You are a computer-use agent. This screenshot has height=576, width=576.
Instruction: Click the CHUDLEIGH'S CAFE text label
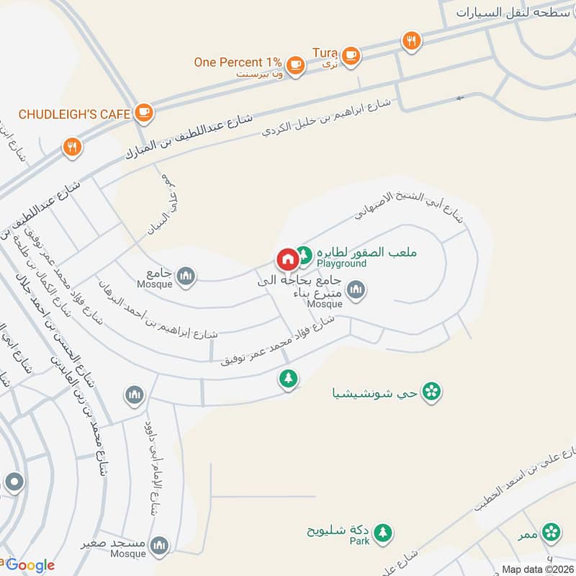click(74, 114)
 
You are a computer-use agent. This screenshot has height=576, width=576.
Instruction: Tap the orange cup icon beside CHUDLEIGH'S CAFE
click(143, 112)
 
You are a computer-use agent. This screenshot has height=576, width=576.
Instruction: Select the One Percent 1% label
click(238, 62)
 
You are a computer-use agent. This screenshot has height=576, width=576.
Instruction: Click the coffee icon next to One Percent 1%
click(294, 65)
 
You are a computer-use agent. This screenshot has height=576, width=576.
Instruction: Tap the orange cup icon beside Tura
click(351, 55)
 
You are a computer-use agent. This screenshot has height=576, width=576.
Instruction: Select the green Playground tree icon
click(305, 254)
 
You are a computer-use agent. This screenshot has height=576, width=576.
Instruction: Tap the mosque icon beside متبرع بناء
click(355, 290)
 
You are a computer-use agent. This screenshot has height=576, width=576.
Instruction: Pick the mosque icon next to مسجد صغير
click(160, 544)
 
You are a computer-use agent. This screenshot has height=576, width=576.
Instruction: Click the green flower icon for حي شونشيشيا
click(431, 392)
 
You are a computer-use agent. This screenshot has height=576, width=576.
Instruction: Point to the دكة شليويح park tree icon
click(383, 531)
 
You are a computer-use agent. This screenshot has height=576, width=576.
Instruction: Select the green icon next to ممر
click(551, 532)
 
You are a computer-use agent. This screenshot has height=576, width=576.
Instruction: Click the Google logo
click(30, 564)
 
